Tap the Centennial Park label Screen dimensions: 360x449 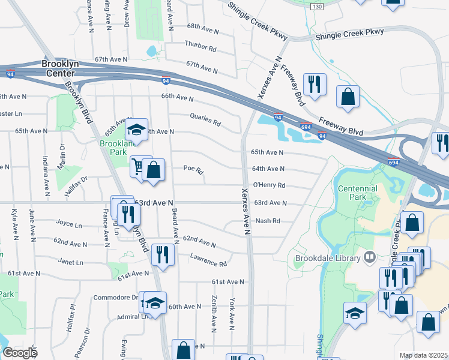point(358,193)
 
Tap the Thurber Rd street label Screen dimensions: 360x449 point(200,46)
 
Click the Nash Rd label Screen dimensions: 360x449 point(268,221)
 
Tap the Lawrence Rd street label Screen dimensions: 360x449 point(208,260)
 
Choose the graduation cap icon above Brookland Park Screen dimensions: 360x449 point(136,129)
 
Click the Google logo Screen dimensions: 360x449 point(20,353)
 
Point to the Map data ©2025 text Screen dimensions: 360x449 point(423,355)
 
